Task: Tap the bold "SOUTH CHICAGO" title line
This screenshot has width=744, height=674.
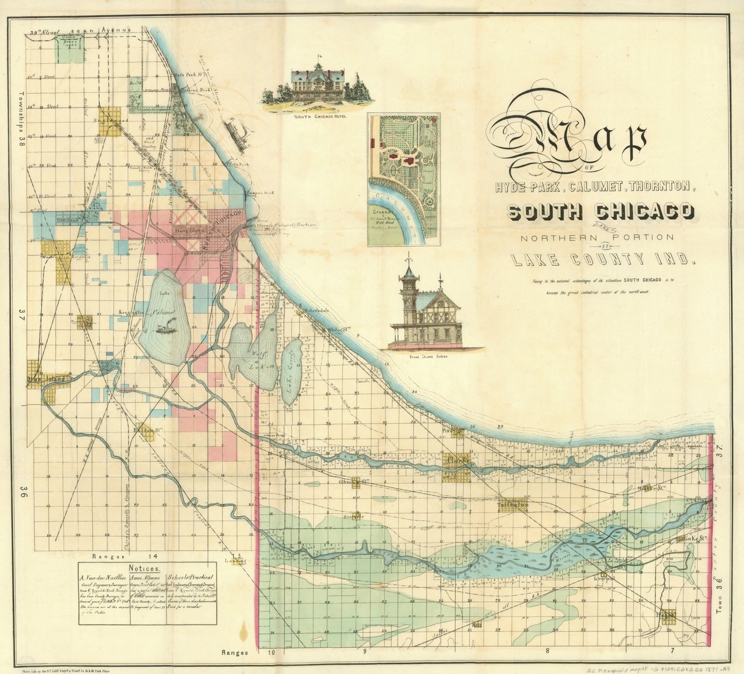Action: tap(600, 212)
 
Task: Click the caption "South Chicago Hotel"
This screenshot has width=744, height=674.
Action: tap(319, 117)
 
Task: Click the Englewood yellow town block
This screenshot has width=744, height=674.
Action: tap(110, 121)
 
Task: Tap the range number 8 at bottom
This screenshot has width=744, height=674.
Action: tap(547, 652)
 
